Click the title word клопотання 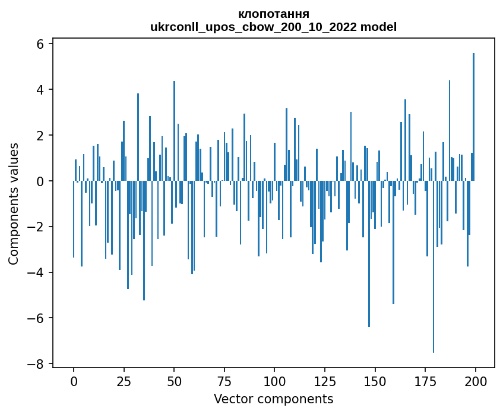273,14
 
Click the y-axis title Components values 14,203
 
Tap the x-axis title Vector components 273,399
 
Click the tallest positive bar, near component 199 473,119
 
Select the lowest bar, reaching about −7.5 434,268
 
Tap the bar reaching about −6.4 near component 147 369,256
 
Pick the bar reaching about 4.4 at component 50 174,131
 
